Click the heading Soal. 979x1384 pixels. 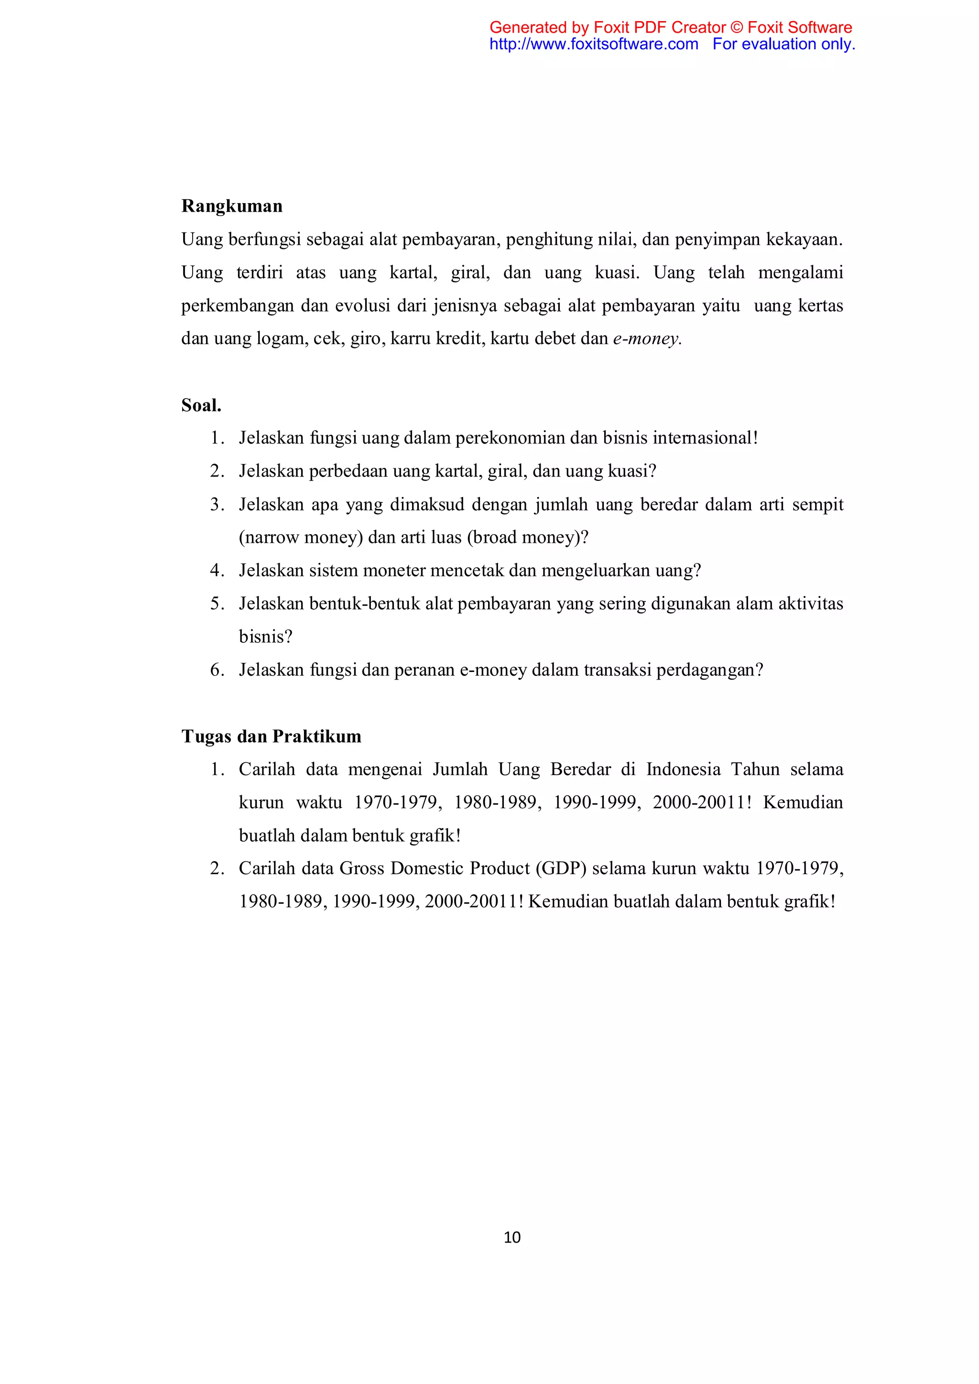point(201,405)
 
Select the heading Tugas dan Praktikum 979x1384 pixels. point(271,736)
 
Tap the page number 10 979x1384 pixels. point(512,1237)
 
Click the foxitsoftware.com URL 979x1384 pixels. point(594,44)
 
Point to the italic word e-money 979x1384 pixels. point(646,339)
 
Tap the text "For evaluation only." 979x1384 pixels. point(783,44)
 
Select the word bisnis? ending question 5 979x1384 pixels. point(265,637)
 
